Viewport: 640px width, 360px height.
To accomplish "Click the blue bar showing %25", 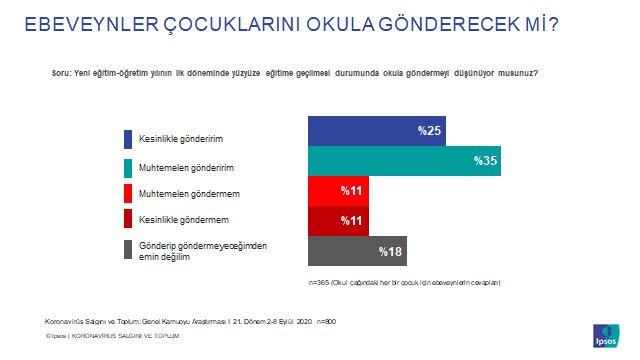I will pyautogui.click(x=376, y=131).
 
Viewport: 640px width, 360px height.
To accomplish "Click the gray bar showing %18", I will pyautogui.click(x=355, y=250).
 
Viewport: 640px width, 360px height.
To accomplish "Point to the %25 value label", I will pyautogui.click(x=431, y=131).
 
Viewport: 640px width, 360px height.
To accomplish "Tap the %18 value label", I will pyautogui.click(x=389, y=250).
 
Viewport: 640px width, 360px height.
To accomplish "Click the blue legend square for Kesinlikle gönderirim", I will pyautogui.click(x=128, y=139).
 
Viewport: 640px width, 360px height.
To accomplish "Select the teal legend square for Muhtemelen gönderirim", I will pyautogui.click(x=128, y=166).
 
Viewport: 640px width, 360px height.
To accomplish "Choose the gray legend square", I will pyautogui.click(x=128, y=250).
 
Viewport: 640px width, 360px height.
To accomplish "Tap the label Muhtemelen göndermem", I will pyautogui.click(x=181, y=191).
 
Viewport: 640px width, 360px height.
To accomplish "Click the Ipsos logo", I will pyautogui.click(x=606, y=334).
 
